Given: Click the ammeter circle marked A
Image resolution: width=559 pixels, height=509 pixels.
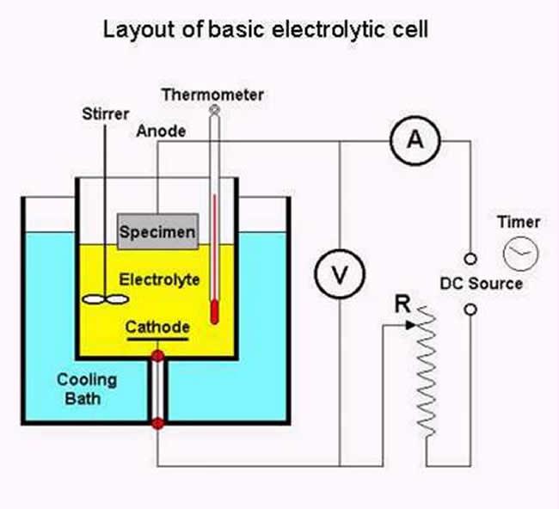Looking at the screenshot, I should [x=416, y=142].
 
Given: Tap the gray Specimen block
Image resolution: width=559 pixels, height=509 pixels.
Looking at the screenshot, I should [x=157, y=231].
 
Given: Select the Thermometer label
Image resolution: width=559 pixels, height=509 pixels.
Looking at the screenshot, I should [x=212, y=94].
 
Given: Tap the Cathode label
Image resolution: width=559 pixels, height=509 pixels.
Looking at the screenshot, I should [x=157, y=327].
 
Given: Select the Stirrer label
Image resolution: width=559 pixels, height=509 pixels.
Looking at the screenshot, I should [x=105, y=114].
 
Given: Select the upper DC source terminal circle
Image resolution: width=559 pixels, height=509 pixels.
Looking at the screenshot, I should [x=470, y=258].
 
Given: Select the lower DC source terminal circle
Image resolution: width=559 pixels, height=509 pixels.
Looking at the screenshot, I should [x=470, y=308].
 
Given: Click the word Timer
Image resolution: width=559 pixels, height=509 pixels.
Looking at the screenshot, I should [x=519, y=222].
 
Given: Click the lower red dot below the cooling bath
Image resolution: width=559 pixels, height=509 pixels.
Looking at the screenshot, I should [x=157, y=423].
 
